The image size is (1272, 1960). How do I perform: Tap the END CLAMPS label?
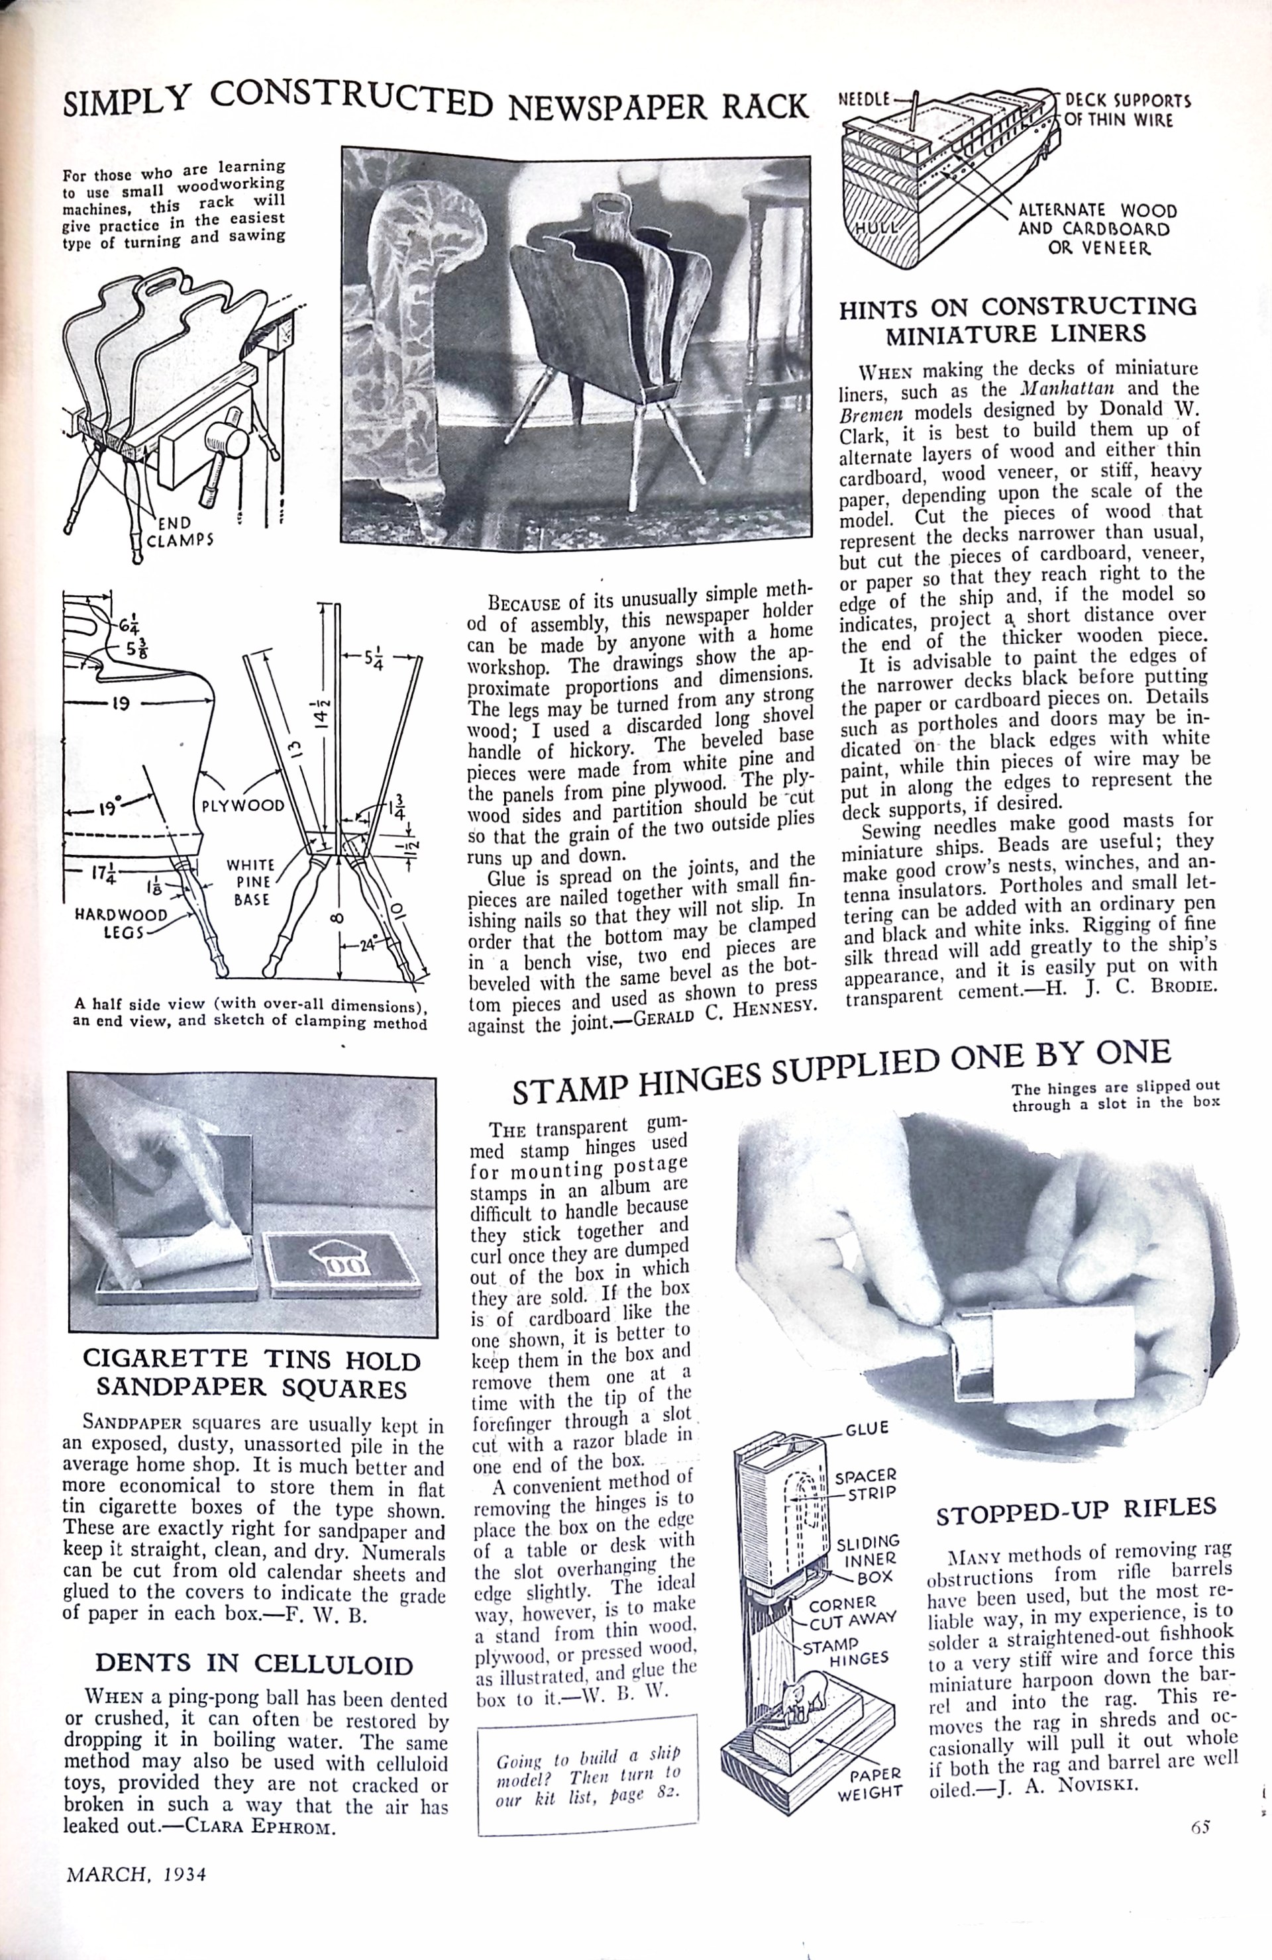click(180, 531)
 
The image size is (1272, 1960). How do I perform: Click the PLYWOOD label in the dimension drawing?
click(243, 805)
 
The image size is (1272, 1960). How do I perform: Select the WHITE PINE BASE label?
click(251, 882)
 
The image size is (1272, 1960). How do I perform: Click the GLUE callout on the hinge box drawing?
click(867, 1429)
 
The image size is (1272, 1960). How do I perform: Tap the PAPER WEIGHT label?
click(871, 1781)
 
